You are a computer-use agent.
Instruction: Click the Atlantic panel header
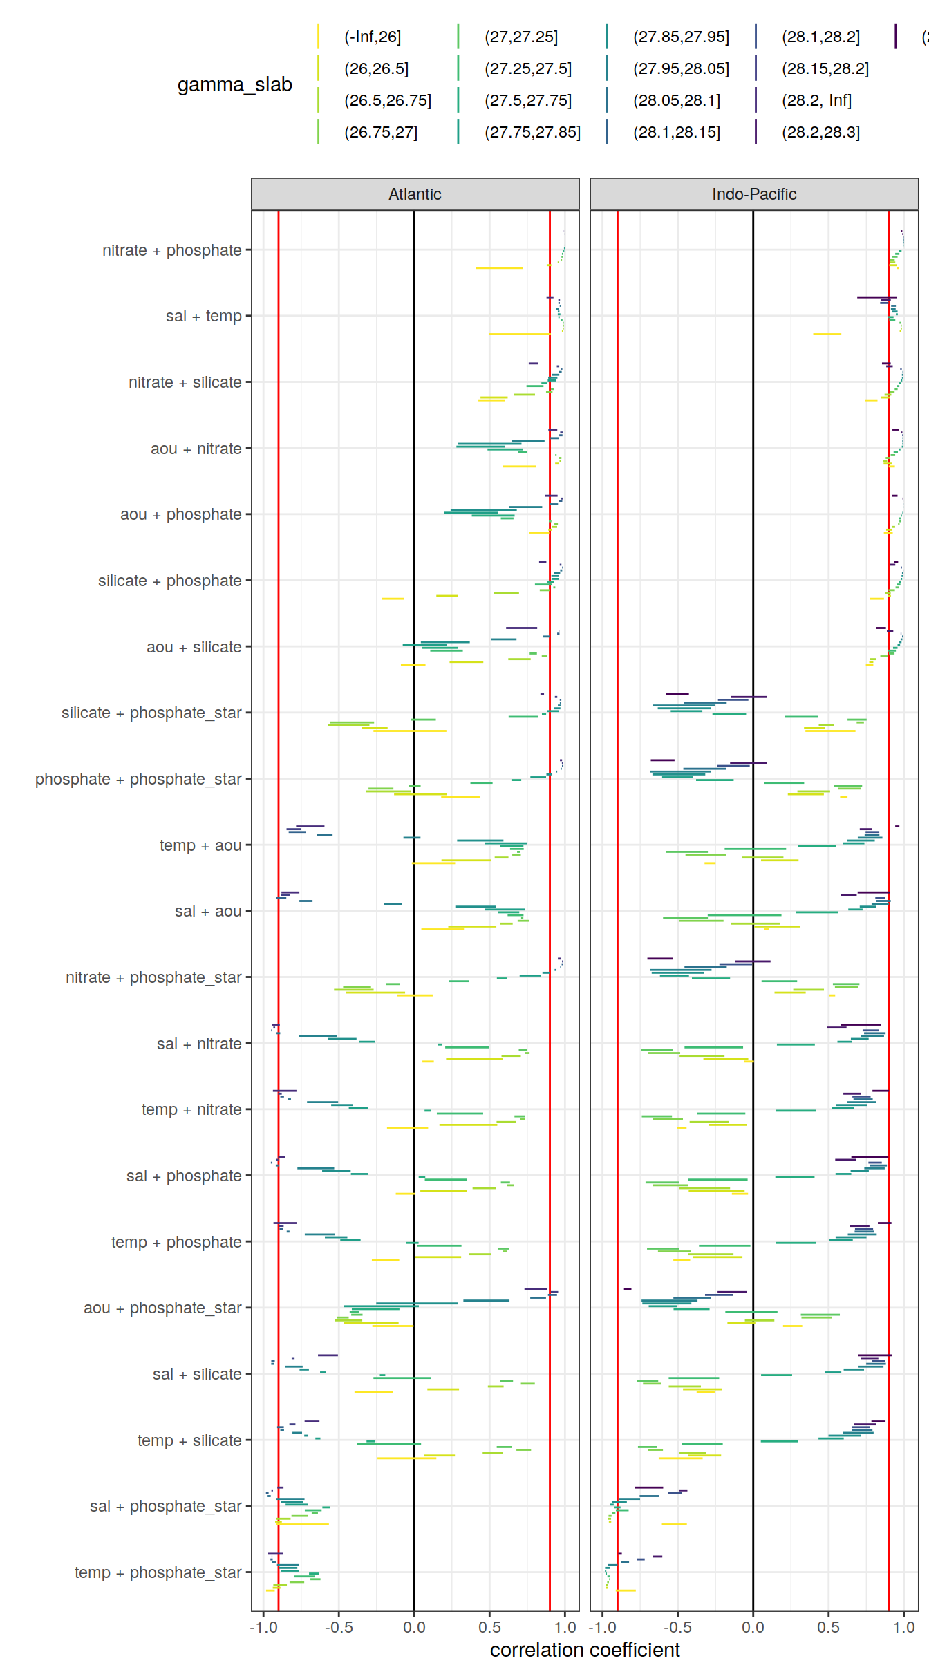[415, 194]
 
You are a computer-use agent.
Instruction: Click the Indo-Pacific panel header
[753, 194]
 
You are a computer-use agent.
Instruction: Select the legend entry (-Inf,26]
[373, 37]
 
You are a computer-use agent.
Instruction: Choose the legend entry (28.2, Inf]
[816, 100]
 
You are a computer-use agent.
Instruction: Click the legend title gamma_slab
[234, 84]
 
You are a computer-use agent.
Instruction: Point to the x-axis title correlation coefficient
[585, 1650]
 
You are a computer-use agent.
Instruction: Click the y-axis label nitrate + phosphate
[171, 250]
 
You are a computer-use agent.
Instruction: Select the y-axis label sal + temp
[203, 316]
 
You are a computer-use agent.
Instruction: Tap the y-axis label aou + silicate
[194, 647]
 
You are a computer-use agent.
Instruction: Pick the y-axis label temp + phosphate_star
[158, 1572]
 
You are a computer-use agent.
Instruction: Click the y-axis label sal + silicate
[197, 1374]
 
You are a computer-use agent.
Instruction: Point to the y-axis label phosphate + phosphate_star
[138, 779]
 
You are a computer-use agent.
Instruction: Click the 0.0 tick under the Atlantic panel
[414, 1627]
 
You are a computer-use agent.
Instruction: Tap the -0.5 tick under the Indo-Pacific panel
[677, 1627]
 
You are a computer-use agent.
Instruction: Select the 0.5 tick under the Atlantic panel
[489, 1627]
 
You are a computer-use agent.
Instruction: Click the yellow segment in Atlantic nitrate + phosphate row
[498, 267]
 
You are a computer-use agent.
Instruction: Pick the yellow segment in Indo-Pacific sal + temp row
[827, 334]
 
